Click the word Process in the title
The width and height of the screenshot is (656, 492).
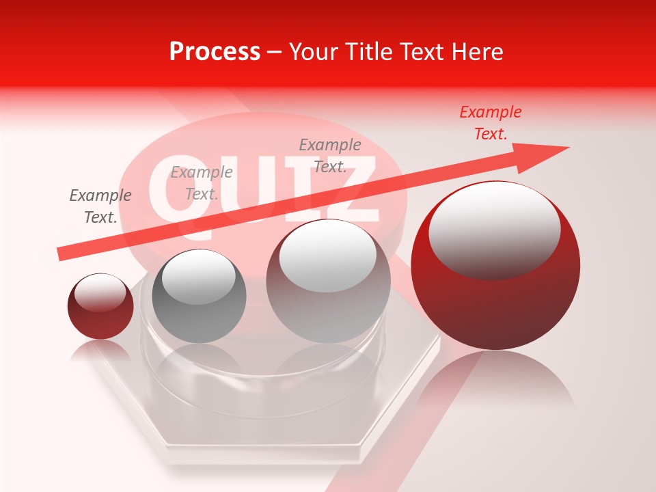pyautogui.click(x=215, y=52)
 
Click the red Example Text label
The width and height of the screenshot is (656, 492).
pyautogui.click(x=491, y=123)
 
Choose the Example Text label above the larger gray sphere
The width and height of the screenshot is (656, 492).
pyautogui.click(x=330, y=156)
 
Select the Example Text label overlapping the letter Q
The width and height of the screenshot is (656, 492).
pyautogui.click(x=202, y=183)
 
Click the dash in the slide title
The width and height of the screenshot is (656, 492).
pyautogui.click(x=275, y=52)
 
